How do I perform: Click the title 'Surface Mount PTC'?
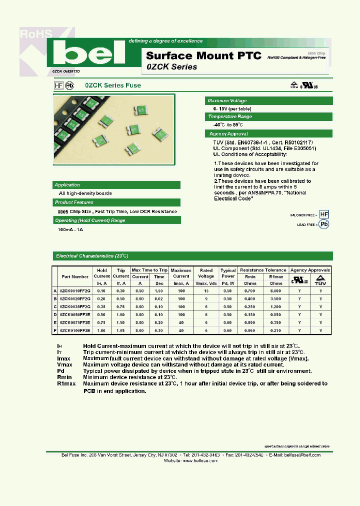203,55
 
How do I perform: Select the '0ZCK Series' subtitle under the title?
171,67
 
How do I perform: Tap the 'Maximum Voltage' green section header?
227,100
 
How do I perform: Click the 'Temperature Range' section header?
230,116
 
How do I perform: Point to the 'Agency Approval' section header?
228,134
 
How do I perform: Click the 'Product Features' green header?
74,202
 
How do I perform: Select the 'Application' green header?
67,184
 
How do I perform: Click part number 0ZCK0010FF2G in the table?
75,290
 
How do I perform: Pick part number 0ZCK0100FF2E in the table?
75,330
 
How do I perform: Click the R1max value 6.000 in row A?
276,290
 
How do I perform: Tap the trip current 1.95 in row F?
120,330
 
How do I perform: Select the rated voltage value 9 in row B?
206,298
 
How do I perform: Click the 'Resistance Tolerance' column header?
263,270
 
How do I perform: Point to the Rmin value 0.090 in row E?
251,322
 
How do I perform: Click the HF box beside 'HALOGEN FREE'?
324,214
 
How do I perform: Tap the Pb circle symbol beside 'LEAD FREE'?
324,224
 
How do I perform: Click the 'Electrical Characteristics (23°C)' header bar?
92,255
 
